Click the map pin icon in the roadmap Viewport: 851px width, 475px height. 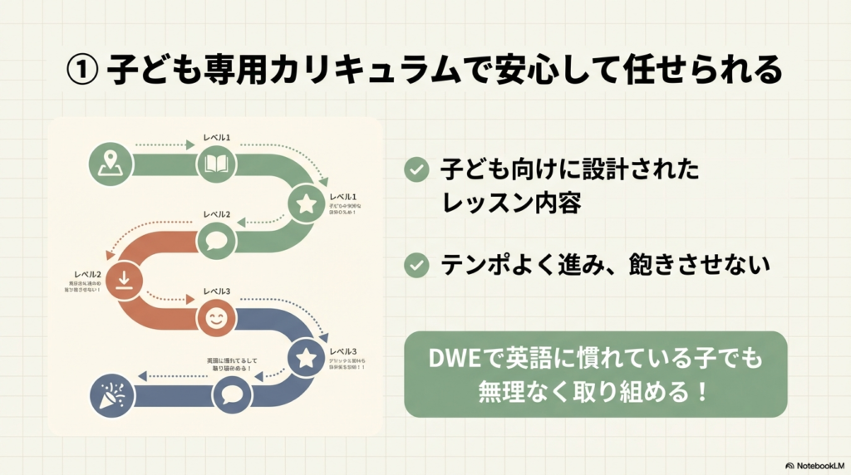point(107,162)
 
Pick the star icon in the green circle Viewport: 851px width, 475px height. point(306,203)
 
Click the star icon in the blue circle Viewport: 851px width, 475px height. point(306,358)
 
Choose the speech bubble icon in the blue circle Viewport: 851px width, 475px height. point(232,395)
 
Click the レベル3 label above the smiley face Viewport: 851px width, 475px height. point(216,291)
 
